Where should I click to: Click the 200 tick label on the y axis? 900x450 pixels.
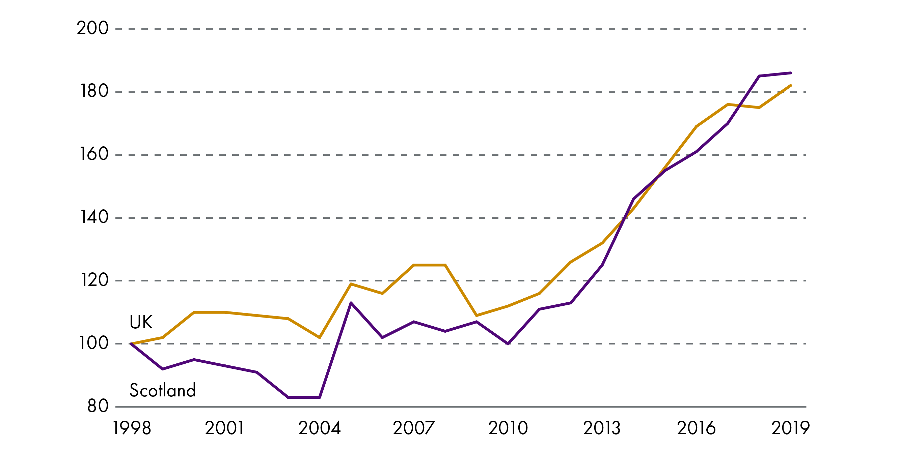(92, 28)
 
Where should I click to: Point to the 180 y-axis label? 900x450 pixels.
(94, 91)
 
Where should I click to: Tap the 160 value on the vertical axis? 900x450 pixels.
(94, 154)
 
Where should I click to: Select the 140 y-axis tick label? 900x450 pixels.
(94, 217)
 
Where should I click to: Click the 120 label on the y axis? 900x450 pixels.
(94, 280)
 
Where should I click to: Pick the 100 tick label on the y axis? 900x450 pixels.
(93, 343)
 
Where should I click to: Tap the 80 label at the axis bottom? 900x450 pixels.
(98, 407)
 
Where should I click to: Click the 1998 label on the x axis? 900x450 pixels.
(132, 428)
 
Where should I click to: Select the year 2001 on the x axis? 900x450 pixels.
(224, 428)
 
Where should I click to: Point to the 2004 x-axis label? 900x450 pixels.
(319, 428)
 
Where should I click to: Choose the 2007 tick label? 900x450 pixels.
(414, 428)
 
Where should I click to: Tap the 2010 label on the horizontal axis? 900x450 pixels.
(508, 428)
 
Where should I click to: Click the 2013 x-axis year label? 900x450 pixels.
(602, 428)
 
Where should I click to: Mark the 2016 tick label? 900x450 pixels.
(696, 428)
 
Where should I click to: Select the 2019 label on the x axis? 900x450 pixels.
(790, 428)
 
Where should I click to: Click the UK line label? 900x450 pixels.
(141, 322)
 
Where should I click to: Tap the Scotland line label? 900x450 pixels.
(162, 390)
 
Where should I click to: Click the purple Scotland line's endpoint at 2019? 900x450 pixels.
(790, 73)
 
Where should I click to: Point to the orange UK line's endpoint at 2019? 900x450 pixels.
(790, 86)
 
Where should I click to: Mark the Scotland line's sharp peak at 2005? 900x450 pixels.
(351, 303)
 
